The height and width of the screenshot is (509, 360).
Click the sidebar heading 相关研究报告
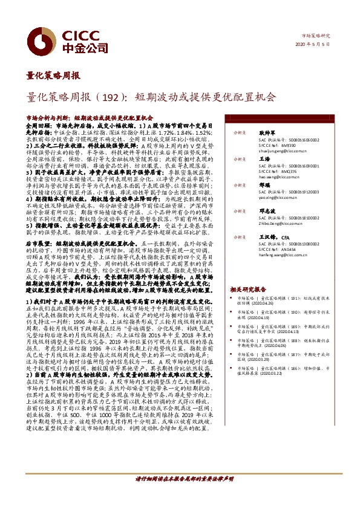click(247, 290)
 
